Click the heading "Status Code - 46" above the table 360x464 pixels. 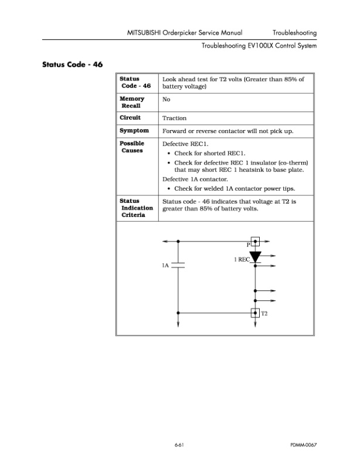pos(73,64)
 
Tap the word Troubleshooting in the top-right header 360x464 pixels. pos(294,32)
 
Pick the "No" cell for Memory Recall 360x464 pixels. pos(166,100)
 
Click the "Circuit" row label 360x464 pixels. pos(130,118)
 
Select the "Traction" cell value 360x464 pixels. pos(174,118)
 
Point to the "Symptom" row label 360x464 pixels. pos(134,131)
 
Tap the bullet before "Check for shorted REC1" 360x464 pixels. pos(169,153)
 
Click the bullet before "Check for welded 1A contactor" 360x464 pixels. pos(169,189)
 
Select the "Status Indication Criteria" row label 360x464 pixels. pos(136,208)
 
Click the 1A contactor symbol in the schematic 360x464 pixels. pos(178,265)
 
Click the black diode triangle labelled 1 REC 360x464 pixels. pos(255,256)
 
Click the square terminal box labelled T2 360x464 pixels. pos(255,313)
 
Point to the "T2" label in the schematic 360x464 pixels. pos(264,314)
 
